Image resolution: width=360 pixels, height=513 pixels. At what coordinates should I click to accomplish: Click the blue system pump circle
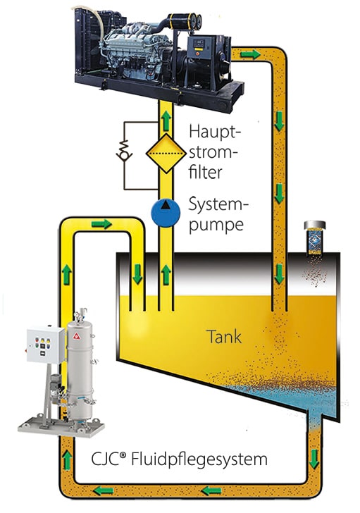click(x=166, y=213)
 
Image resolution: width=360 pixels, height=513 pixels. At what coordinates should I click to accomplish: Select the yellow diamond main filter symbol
click(x=166, y=153)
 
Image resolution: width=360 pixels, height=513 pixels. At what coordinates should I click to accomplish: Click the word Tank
click(x=224, y=337)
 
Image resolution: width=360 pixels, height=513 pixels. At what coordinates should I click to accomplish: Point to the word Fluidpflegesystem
click(x=199, y=459)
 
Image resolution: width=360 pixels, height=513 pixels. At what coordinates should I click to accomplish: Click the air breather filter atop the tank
click(x=314, y=238)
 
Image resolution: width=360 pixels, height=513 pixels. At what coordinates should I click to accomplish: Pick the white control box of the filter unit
click(x=46, y=345)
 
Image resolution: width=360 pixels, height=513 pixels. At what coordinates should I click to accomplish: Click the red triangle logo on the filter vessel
click(x=77, y=335)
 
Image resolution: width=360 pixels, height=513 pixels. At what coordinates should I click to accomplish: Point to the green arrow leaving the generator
click(x=251, y=54)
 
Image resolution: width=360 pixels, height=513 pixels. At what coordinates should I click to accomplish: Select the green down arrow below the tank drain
click(x=314, y=459)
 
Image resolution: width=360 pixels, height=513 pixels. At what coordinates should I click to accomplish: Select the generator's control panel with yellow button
click(x=199, y=47)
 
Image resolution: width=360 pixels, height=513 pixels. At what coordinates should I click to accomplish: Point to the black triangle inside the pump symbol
click(x=166, y=205)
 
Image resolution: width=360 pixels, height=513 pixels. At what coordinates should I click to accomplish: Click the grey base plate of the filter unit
click(x=61, y=427)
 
